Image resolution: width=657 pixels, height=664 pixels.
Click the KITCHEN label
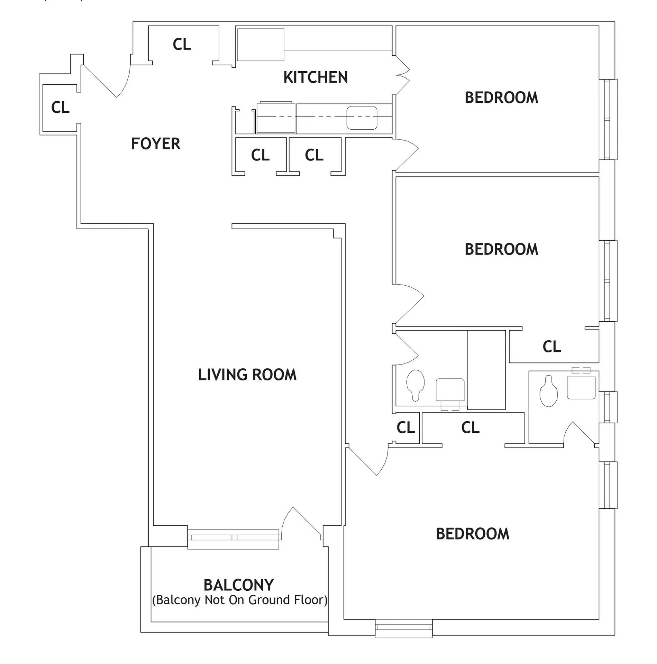[x=315, y=77]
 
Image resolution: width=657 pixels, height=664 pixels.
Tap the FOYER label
[x=156, y=144]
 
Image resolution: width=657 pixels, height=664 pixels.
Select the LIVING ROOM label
[x=247, y=375]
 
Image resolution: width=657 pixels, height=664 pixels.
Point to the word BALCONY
[x=239, y=585]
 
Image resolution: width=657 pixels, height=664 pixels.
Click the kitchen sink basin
[x=362, y=118]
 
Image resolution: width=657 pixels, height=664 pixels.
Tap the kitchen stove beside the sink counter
[x=276, y=117]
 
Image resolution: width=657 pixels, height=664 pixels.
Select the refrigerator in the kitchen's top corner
[x=261, y=45]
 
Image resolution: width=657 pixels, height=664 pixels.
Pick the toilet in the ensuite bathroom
[x=548, y=392]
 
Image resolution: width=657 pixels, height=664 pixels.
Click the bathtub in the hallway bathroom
[x=486, y=370]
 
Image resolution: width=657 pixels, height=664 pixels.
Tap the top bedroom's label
[x=501, y=98]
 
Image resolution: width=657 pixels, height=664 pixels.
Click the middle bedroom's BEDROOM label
[x=501, y=249]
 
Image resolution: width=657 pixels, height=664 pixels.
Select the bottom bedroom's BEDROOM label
[x=473, y=534]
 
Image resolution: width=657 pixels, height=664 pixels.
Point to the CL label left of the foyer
[x=60, y=108]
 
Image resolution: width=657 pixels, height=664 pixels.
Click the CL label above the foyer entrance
[x=182, y=44]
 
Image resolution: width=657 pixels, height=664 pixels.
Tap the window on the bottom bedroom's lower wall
[x=404, y=628]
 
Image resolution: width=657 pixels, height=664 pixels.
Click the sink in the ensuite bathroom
[x=581, y=388]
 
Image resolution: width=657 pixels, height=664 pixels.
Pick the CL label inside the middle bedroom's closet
[x=551, y=347]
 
